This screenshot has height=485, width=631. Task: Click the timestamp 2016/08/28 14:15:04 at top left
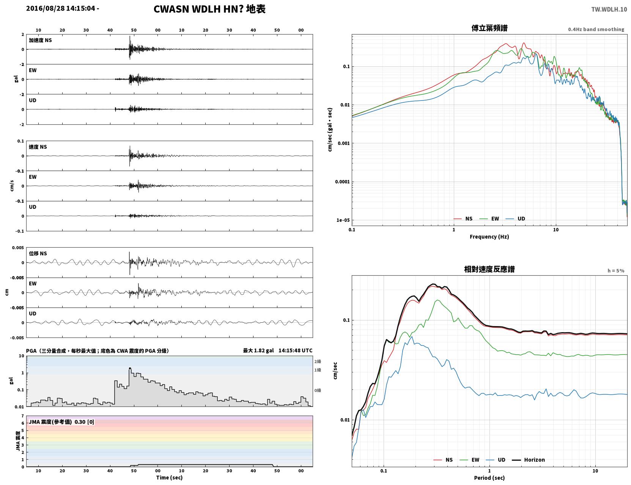[61, 8]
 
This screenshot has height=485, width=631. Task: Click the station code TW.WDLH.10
[609, 9]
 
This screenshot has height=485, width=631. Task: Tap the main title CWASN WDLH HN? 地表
[209, 9]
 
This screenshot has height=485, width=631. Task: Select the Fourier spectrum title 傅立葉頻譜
[489, 28]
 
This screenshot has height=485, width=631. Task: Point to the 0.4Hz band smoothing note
[596, 29]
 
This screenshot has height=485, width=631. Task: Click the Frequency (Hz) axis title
[489, 237]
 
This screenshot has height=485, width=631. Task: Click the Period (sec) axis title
[489, 478]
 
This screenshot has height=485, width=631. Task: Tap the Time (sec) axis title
[169, 477]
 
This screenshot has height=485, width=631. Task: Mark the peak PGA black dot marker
[130, 368]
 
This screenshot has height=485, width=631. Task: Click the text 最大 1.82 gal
[258, 350]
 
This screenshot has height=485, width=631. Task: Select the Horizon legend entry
[528, 460]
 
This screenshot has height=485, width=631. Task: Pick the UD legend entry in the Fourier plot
[515, 219]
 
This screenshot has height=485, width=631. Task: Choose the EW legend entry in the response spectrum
[469, 460]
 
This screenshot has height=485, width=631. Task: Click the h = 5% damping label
[615, 271]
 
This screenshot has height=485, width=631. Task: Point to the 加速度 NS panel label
[40, 40]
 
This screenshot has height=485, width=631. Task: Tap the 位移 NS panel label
[38, 254]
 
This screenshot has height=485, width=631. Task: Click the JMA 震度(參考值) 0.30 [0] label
[61, 422]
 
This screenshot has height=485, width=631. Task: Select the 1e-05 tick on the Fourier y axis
[343, 220]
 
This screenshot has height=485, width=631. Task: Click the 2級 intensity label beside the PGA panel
[318, 361]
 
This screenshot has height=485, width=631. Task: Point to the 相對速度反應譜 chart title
[489, 269]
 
